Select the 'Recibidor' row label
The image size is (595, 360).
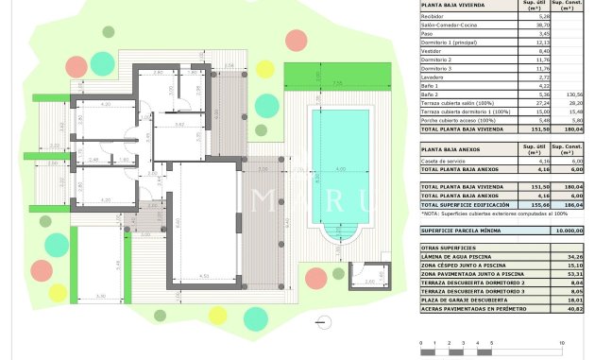pos(433,16)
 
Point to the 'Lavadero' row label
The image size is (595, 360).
pos(435,77)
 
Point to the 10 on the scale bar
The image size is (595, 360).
pos(562,342)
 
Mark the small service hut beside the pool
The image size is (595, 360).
pos(363,275)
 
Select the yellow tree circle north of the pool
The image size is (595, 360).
pos(265,69)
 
